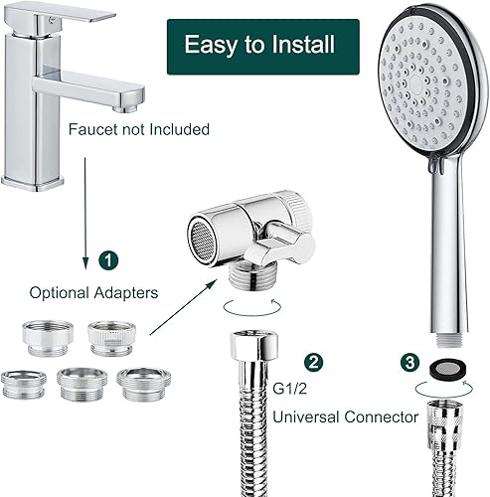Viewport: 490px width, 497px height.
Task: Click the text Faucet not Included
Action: tap(139, 129)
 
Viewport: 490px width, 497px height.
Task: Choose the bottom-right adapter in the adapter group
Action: tap(139, 382)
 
